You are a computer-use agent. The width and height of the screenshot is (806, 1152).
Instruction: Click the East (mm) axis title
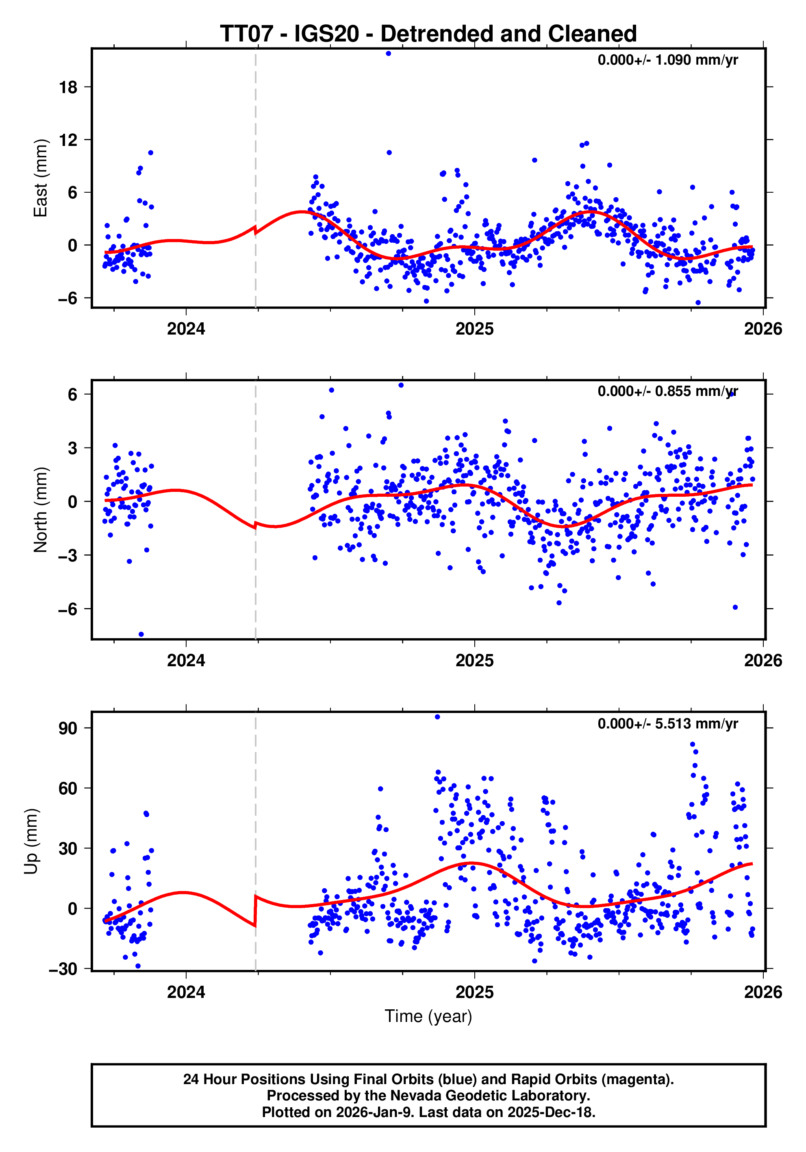coord(40,178)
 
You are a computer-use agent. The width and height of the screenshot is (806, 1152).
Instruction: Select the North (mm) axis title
coord(40,510)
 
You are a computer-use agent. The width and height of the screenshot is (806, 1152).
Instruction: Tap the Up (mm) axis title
coord(31,841)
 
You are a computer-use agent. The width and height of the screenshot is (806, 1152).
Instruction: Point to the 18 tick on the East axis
coord(68,87)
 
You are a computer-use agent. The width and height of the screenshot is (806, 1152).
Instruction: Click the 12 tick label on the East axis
coord(68,140)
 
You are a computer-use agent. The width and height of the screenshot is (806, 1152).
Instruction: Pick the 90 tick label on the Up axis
coord(68,728)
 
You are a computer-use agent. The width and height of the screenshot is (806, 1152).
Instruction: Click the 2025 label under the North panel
coord(474,660)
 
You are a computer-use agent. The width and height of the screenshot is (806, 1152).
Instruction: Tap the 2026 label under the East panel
coord(763,329)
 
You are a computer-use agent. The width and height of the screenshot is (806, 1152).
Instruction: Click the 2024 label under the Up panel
coord(186,992)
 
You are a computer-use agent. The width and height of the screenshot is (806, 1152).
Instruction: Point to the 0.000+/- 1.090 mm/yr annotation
coord(667,60)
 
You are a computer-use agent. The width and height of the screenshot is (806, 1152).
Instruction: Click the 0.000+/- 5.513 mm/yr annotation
coord(667,724)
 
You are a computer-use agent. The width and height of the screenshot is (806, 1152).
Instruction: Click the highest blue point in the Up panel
coord(437,717)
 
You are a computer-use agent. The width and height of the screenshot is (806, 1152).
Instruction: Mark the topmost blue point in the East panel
coord(388,53)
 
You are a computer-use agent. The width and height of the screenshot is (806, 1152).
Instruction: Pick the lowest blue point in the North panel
coord(141,634)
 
